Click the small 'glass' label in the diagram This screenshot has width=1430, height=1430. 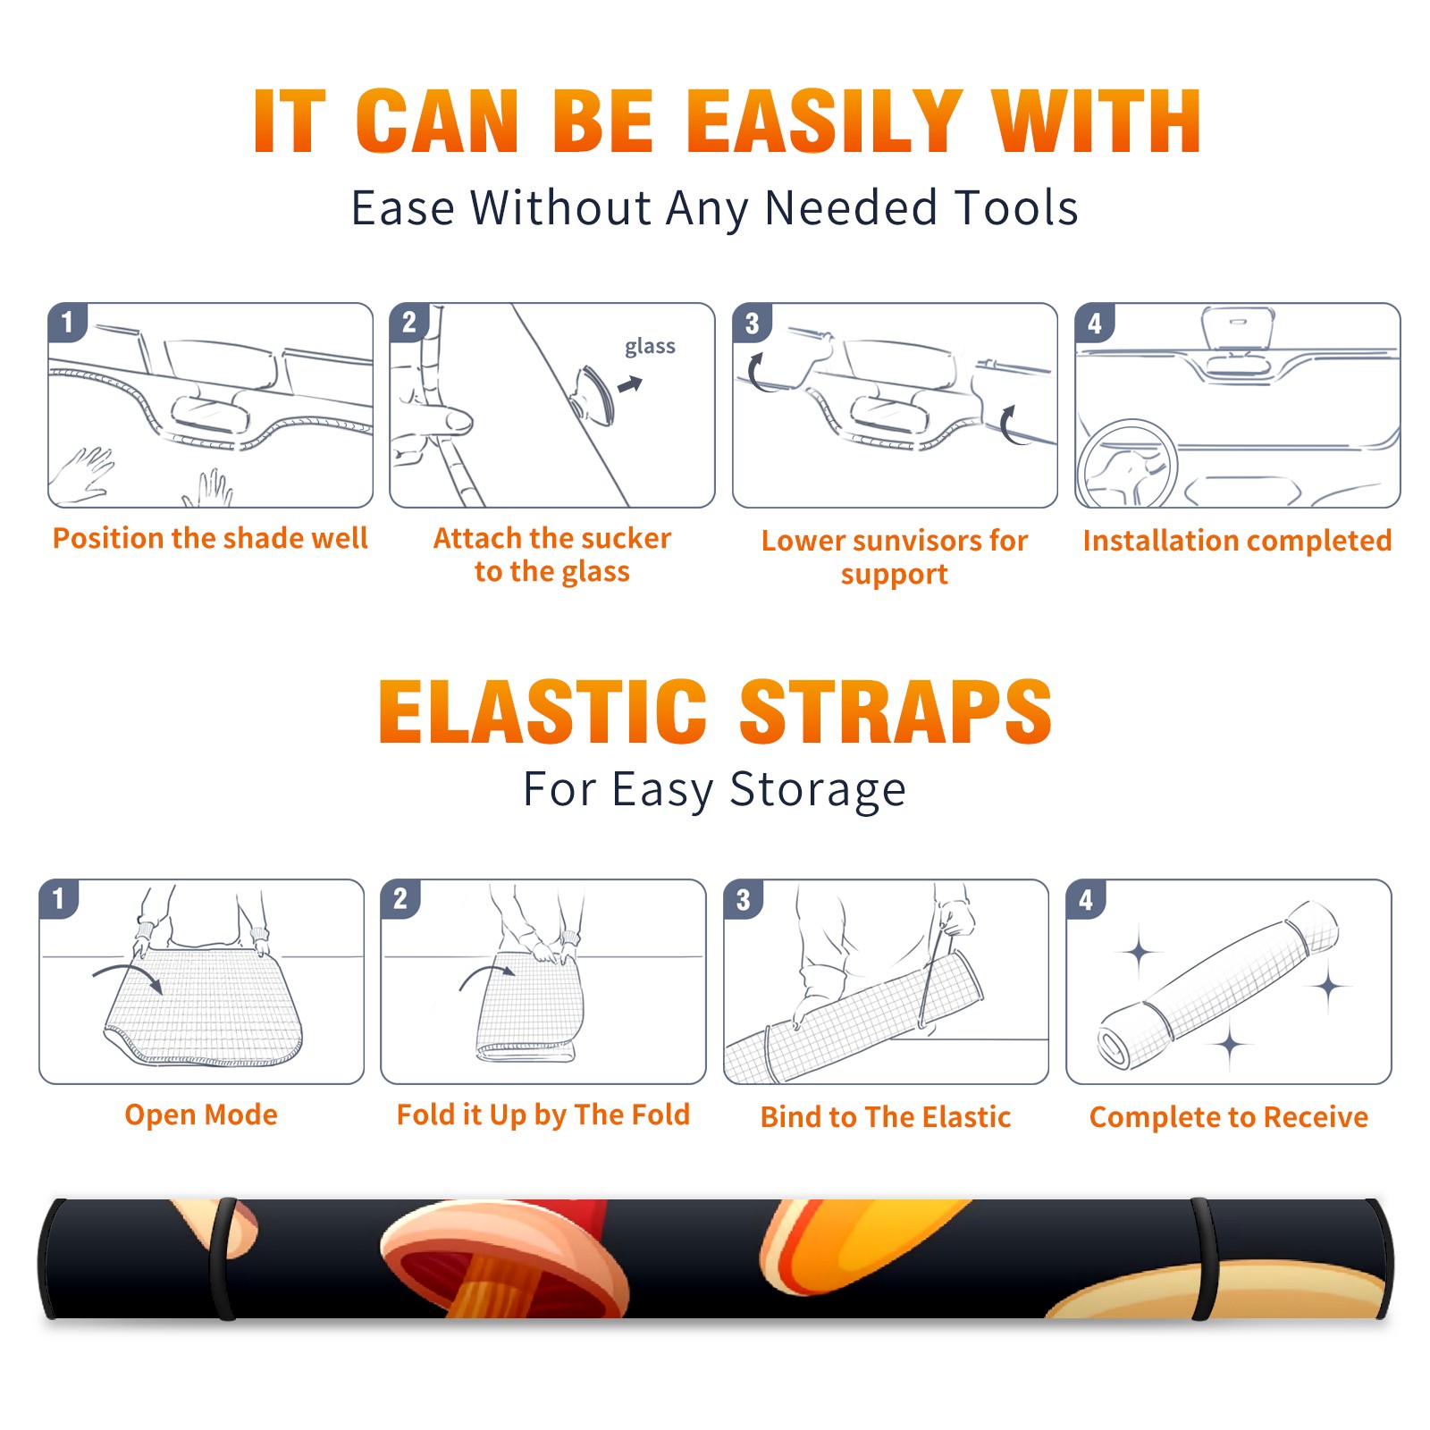(650, 347)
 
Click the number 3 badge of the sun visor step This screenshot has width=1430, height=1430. (752, 323)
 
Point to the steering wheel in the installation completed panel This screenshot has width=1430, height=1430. (1127, 464)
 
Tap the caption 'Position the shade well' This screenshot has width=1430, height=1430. (210, 538)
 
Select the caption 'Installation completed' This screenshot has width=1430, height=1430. (1237, 541)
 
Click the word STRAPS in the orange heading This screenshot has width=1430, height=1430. (896, 711)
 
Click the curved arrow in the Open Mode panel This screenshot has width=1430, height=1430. (128, 977)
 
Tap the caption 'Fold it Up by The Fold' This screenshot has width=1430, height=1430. (543, 1115)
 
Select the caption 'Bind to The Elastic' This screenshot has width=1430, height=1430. (886, 1117)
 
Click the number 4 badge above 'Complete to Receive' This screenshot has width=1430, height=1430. (1086, 899)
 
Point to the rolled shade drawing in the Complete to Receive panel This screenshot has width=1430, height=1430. (1219, 985)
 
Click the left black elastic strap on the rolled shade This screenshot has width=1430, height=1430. (223, 1259)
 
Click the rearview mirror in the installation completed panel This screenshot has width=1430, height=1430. (1237, 328)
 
